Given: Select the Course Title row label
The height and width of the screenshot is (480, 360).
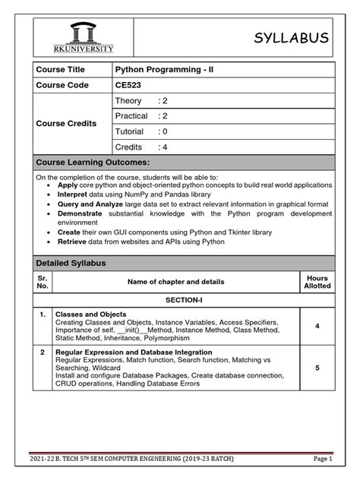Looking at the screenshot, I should pyautogui.click(x=57, y=70).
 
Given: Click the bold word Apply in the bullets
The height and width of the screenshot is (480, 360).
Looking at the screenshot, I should pyautogui.click(x=68, y=185).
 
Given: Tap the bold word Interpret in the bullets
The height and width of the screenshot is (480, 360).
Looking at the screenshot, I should pyautogui.click(x=73, y=194).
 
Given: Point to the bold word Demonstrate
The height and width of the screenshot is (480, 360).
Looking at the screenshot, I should pyautogui.click(x=82, y=215).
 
